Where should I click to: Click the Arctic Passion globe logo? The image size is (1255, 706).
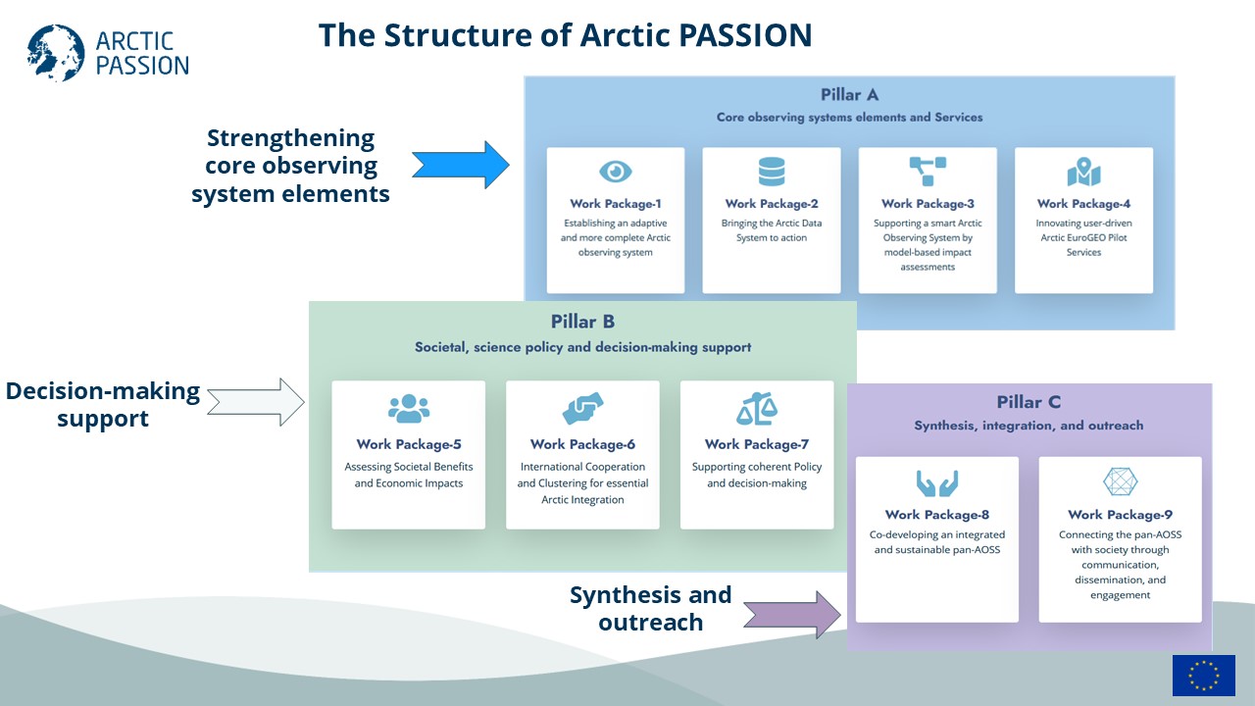pos(56,53)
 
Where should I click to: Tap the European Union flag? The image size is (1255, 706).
pos(1203,676)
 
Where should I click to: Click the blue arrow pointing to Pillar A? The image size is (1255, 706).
pos(461,166)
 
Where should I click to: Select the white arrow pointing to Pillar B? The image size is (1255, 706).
pos(256,402)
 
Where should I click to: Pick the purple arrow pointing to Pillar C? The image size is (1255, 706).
pos(792,615)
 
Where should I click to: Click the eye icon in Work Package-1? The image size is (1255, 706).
pos(615,171)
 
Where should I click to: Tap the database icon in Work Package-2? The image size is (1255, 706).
pos(772,171)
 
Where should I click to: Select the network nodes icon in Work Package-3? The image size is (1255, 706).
pos(928,171)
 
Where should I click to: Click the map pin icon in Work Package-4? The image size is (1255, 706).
pos(1083,171)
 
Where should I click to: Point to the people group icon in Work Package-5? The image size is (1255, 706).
pos(409,409)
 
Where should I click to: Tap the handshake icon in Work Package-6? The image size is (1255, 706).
pos(582,408)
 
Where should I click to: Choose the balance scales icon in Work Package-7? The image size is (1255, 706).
pos(757,409)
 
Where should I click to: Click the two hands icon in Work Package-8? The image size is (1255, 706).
pos(937,483)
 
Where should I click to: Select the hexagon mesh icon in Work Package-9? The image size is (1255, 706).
pos(1120,481)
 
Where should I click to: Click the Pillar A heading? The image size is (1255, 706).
pos(849,95)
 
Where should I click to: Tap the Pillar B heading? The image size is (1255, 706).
pos(582,322)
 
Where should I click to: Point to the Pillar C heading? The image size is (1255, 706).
pos(1029,402)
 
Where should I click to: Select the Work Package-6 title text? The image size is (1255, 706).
pos(582,444)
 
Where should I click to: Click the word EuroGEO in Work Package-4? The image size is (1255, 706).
pos(1084,237)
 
